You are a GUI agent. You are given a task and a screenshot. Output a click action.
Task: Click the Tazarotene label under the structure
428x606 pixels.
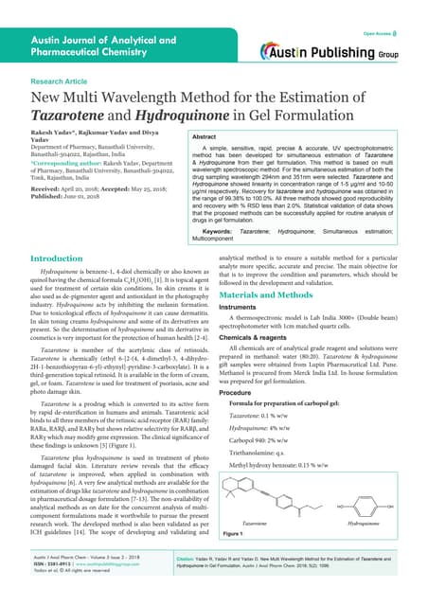tap(283, 522)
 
